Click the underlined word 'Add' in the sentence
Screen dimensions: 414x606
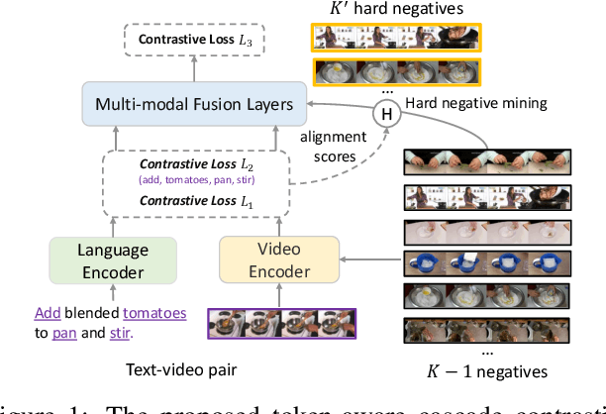tap(48, 313)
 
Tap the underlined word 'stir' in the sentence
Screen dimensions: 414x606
tap(120, 332)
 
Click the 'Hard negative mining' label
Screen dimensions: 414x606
tap(464, 103)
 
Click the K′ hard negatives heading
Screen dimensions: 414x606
tap(394, 10)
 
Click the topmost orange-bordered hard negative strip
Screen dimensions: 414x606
tap(396, 38)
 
